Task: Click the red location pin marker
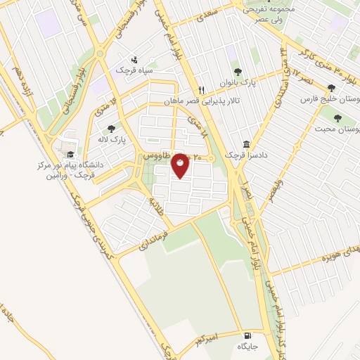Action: coord(180,166)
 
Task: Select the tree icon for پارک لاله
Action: coord(111,129)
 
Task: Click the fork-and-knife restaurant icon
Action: coord(202,90)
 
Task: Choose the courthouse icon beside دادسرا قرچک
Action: coord(245,142)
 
